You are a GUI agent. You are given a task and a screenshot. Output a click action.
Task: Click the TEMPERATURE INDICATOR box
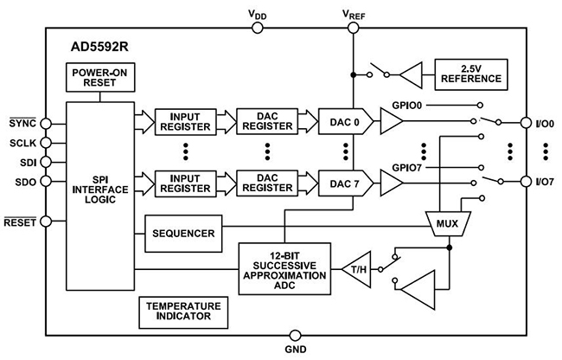(182, 312)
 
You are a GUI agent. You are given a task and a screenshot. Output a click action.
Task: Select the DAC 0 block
(343, 122)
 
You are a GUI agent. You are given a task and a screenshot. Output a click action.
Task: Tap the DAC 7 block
(343, 182)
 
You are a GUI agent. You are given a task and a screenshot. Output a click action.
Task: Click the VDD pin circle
(258, 27)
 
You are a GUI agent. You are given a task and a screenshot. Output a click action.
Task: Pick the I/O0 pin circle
(524, 122)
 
